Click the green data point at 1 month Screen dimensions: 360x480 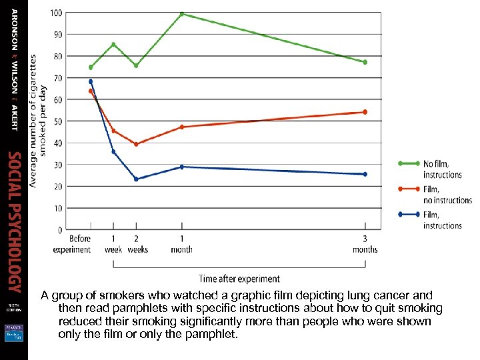(x=181, y=14)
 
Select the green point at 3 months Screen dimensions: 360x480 (x=365, y=62)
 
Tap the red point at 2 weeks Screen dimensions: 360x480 (x=136, y=144)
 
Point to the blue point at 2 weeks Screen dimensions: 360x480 (x=136, y=179)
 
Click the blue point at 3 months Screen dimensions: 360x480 (x=365, y=174)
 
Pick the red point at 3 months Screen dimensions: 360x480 (x=365, y=112)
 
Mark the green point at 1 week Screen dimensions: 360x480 (x=113, y=45)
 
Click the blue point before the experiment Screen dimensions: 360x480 (x=91, y=81)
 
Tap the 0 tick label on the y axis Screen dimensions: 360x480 (x=60, y=230)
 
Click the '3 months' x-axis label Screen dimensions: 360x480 (x=365, y=245)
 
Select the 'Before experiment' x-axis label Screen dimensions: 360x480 (x=81, y=245)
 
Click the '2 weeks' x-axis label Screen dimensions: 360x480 (x=136, y=245)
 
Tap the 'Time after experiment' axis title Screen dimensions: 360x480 (x=239, y=278)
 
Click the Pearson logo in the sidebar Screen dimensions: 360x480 (x=13, y=332)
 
